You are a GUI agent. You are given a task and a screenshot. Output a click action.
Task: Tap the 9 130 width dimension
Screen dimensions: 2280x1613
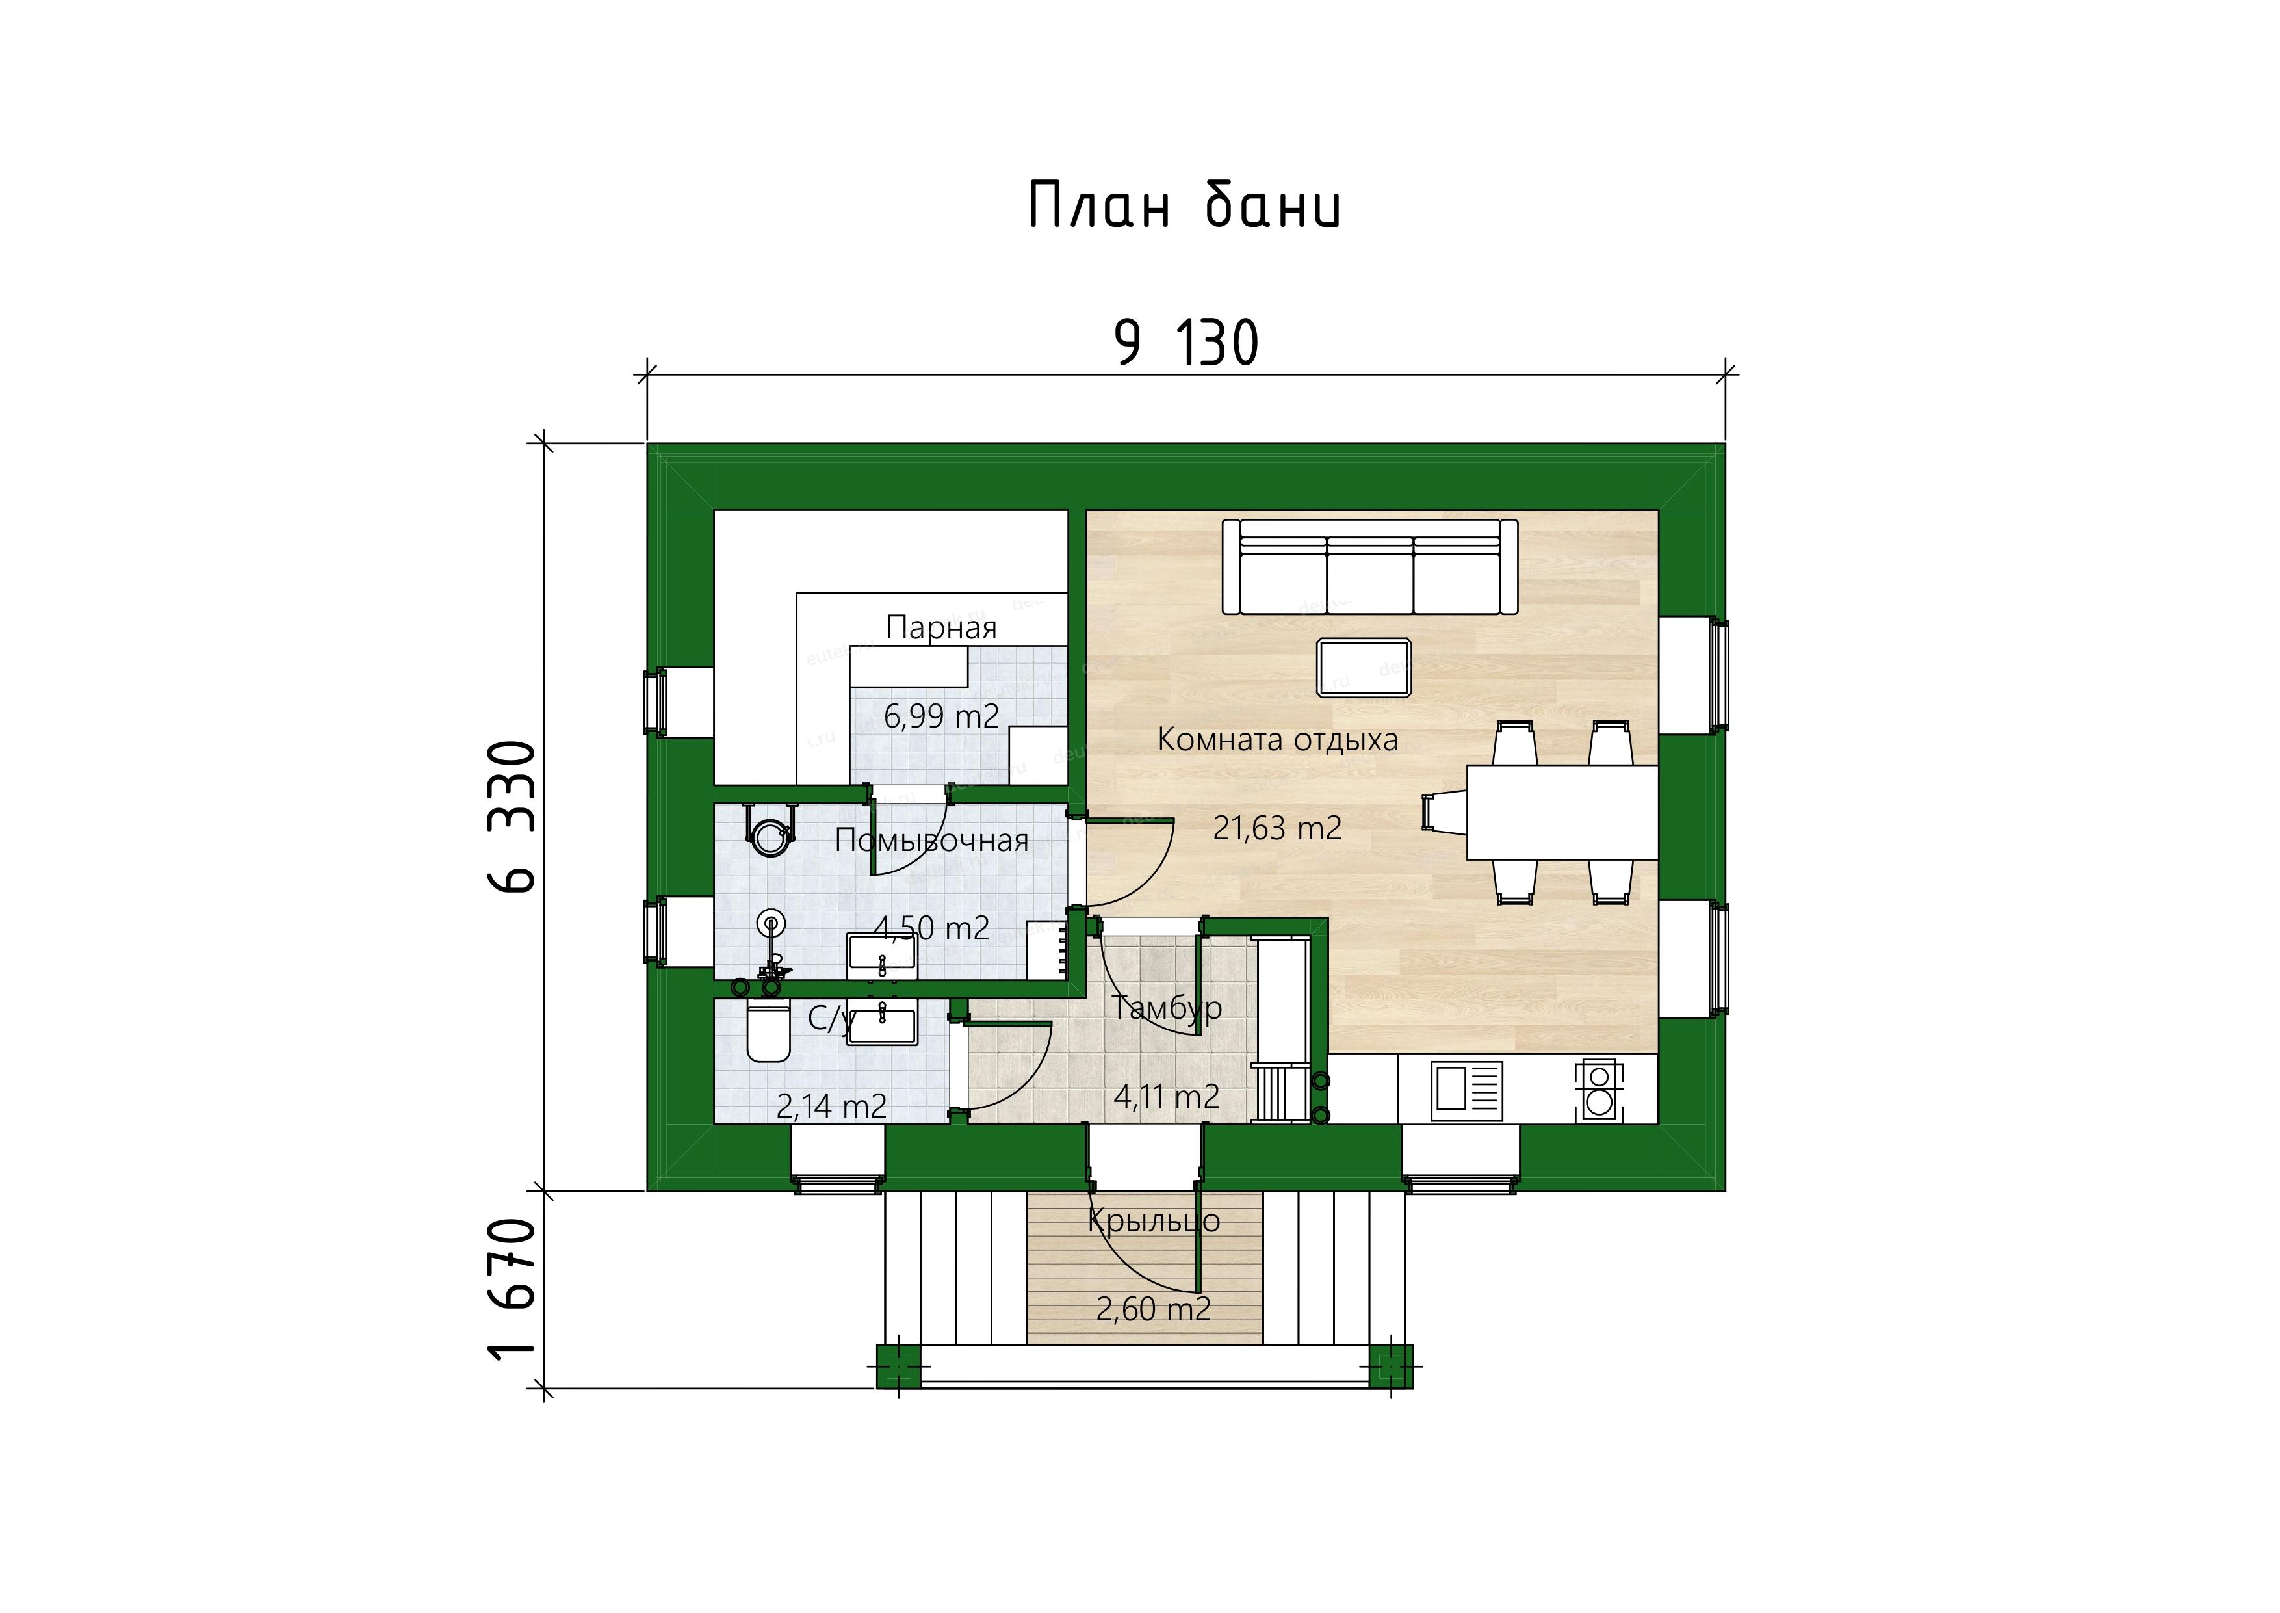tap(1187, 344)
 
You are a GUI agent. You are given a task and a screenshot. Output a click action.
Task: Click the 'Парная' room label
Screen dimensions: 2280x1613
tap(941, 628)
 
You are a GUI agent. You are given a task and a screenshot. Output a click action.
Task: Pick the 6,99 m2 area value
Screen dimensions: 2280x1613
tap(941, 715)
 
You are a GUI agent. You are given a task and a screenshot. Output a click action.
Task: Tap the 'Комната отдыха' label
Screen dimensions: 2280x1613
tap(1278, 740)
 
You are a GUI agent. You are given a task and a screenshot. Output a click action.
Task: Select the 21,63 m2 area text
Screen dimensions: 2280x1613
tap(1277, 828)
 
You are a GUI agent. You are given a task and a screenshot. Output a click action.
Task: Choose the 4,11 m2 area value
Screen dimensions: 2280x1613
tap(1167, 1097)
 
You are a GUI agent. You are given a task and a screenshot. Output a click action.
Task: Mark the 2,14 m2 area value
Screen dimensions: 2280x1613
tap(832, 1105)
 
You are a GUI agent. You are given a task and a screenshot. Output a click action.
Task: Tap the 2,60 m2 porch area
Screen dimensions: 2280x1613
tap(1154, 1309)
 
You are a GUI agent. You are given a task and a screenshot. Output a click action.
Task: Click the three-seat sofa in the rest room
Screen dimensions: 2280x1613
tap(1370, 567)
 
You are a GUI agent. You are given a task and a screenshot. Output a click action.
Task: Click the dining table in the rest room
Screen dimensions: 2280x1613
tap(1562, 811)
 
